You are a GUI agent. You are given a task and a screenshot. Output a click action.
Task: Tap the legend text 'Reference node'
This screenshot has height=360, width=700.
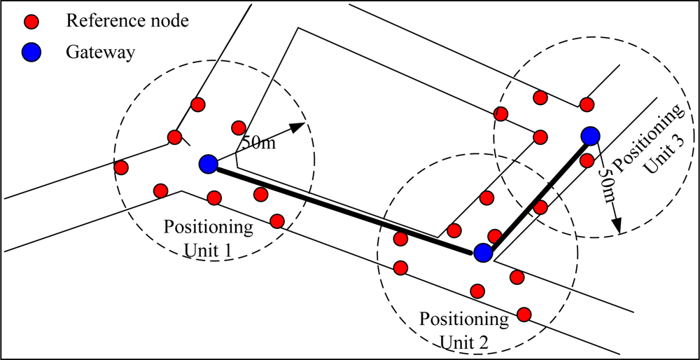[x=127, y=21]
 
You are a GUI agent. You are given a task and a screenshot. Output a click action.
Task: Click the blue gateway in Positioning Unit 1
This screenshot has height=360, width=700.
[x=208, y=164]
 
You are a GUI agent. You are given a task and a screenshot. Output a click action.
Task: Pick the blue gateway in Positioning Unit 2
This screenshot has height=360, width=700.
[x=482, y=253]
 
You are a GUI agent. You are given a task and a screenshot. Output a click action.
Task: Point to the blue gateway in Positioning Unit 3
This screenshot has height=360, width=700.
[x=590, y=135]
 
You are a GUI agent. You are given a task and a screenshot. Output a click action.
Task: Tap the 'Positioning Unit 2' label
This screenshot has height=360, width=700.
[x=465, y=328]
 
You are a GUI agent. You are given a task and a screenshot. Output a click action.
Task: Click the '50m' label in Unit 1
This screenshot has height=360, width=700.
[x=258, y=143]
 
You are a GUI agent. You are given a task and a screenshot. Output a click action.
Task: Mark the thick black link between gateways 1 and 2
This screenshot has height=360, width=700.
[x=343, y=207]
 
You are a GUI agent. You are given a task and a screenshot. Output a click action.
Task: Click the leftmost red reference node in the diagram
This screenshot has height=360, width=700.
[x=121, y=167]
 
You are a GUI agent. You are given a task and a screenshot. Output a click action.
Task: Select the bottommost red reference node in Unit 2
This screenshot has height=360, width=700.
[x=523, y=313]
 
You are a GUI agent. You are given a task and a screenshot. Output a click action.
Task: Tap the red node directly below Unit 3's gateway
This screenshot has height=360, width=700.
[x=587, y=160]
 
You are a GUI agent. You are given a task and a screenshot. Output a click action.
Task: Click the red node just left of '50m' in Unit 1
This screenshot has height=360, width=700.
[x=237, y=127]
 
